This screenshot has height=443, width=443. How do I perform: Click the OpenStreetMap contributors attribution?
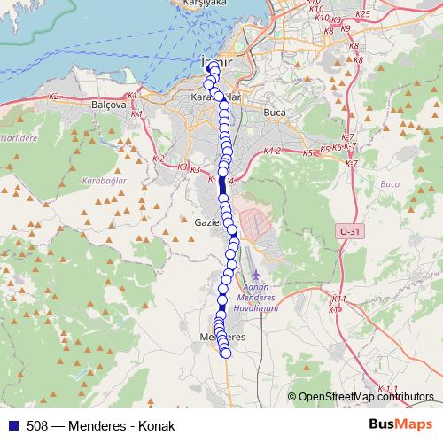coord(365,398)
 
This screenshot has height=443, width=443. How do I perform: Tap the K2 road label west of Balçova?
coord(55,96)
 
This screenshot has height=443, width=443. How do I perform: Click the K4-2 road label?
coord(272,152)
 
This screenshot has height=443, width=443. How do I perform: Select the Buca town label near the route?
coord(275,113)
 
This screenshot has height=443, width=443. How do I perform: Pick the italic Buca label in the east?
coord(390,183)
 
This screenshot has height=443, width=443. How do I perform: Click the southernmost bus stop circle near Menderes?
coord(225,353)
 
